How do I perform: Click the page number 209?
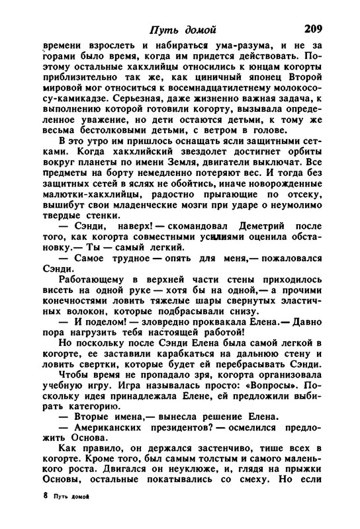point(313,28)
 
